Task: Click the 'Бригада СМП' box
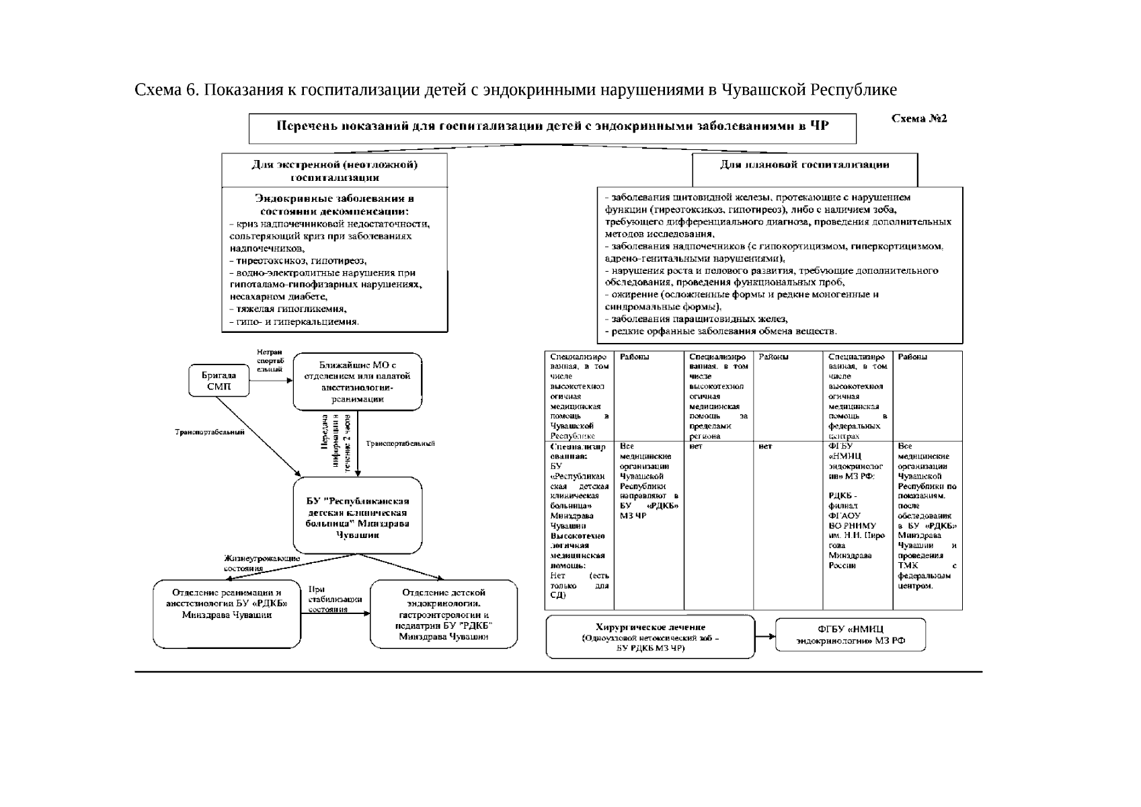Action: point(219,381)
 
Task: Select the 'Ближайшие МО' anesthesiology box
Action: point(358,381)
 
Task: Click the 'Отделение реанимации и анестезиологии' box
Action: point(227,613)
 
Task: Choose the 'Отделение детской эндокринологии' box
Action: point(444,614)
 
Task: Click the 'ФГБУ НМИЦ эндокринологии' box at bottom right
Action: point(851,635)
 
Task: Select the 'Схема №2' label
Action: point(918,119)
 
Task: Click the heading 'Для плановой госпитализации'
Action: point(804,165)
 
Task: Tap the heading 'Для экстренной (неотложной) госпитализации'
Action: point(334,171)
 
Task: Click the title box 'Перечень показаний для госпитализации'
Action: point(552,127)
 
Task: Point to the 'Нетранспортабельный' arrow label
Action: point(270,360)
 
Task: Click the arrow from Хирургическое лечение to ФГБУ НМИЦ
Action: point(765,636)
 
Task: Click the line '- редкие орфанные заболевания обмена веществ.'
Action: point(721,332)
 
